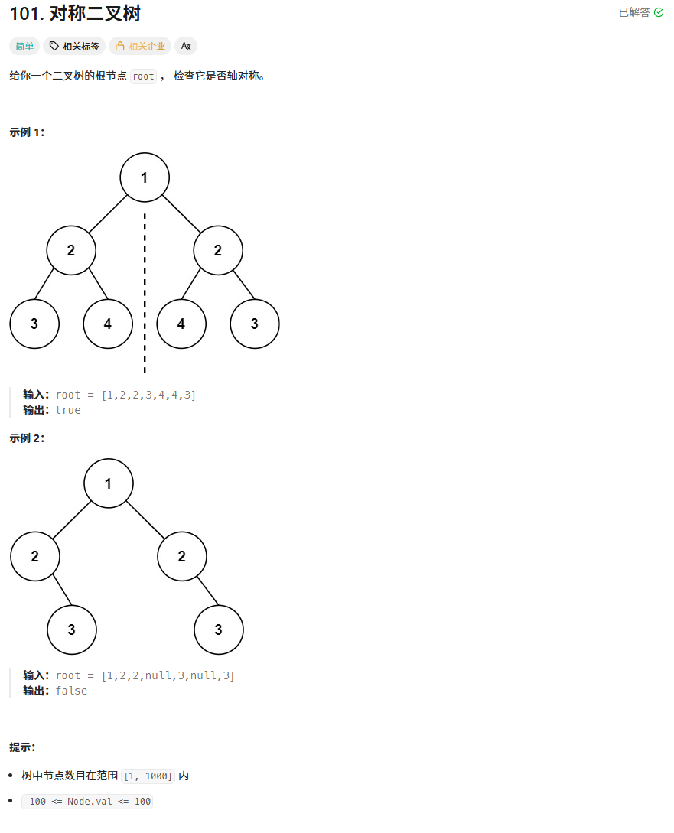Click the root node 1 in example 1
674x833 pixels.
click(145, 177)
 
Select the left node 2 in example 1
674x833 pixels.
click(71, 250)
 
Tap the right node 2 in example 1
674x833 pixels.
click(218, 250)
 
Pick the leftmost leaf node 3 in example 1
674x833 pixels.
click(34, 324)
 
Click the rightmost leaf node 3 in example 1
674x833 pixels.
click(255, 324)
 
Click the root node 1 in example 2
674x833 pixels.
click(109, 483)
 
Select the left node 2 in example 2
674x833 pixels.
click(35, 556)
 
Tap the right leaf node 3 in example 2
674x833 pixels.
click(219, 630)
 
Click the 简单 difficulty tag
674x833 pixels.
click(24, 46)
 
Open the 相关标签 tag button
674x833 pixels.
click(74, 46)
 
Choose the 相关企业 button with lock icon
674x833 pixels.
click(140, 46)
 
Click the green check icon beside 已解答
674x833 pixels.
click(659, 12)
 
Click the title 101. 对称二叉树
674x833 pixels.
click(75, 14)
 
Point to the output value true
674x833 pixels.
click(68, 410)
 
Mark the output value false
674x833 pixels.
click(71, 691)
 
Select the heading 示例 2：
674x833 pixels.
click(27, 438)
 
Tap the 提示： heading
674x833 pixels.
click(22, 747)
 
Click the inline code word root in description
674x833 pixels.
click(143, 76)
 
